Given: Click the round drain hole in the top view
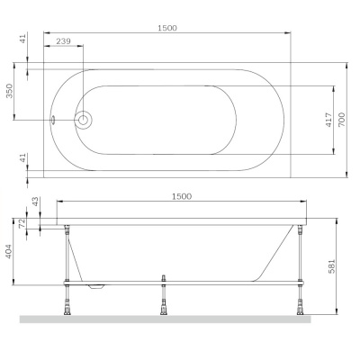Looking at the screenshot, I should (84, 119).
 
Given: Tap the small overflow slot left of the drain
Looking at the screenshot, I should (53, 119).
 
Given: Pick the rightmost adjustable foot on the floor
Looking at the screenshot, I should (299, 305).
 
